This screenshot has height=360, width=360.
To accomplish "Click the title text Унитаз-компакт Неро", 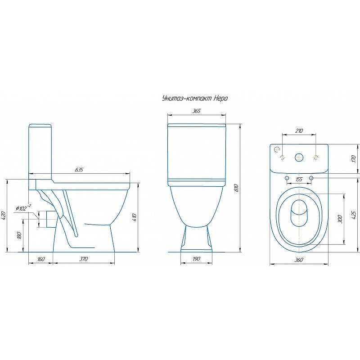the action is pyautogui.click(x=195, y=99).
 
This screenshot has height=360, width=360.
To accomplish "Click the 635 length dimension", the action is pyautogui.click(x=79, y=170).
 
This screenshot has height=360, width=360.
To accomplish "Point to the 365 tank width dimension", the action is pyautogui.click(x=197, y=111).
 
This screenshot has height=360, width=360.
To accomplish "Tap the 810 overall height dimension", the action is pyautogui.click(x=237, y=188).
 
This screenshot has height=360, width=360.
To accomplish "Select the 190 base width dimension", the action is pyautogui.click(x=196, y=259).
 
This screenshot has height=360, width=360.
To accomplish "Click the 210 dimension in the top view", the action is pyautogui.click(x=299, y=131).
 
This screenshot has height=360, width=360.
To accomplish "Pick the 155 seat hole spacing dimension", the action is pyautogui.click(x=299, y=179).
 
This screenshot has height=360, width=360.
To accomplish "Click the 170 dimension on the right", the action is pyautogui.click(x=354, y=159).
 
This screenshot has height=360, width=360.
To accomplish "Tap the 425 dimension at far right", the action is pyautogui.click(x=354, y=215).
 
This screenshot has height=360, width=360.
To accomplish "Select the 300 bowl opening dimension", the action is pyautogui.click(x=341, y=219).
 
